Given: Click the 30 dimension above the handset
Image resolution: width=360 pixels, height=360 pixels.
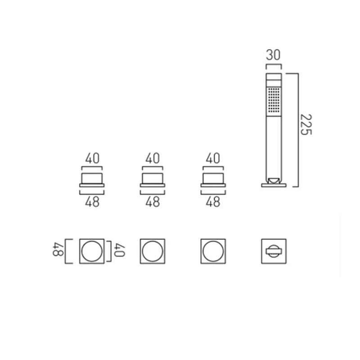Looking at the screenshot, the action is point(273,55).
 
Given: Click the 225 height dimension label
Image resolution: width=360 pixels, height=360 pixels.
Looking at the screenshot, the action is point(306,125).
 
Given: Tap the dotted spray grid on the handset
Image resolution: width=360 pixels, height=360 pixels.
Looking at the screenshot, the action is point(274,100).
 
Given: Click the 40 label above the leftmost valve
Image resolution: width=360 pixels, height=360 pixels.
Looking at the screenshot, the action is point(92,158).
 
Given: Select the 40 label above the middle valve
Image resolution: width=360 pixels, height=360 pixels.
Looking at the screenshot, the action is point(153,158).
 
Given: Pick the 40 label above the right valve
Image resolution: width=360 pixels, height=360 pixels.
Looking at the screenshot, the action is point(213,158).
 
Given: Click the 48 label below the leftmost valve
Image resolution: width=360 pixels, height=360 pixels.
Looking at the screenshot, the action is point(92,202).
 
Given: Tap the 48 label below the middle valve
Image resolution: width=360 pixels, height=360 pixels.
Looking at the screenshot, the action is point(153,202).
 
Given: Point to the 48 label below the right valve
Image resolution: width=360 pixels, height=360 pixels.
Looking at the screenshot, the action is point(213,202).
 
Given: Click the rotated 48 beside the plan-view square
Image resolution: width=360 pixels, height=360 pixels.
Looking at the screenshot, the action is point(58,249).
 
